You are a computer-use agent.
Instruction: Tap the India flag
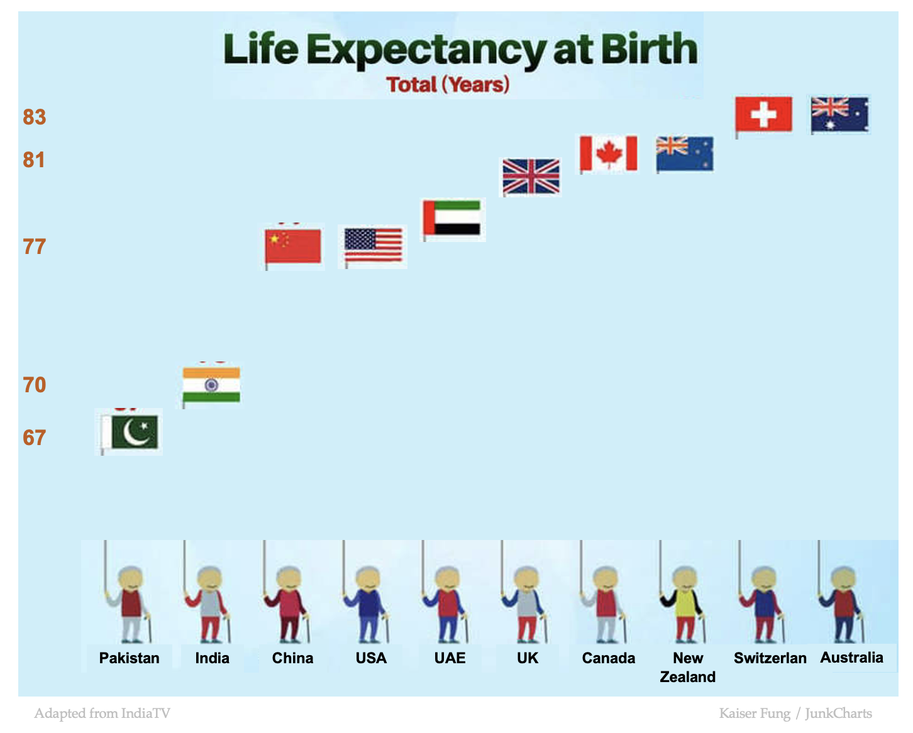tap(211, 385)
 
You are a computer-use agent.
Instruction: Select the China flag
tap(293, 246)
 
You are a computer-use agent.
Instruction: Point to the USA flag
tap(373, 245)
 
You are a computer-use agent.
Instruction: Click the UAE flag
tap(452, 218)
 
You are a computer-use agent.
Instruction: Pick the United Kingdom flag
tap(531, 176)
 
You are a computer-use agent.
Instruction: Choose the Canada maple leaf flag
tap(608, 153)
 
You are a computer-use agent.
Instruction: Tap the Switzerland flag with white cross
tap(763, 114)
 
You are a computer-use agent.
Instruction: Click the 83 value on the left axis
tap(35, 117)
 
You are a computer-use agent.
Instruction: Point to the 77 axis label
tap(35, 246)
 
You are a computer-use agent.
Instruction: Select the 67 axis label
tap(35, 438)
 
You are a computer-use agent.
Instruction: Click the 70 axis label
tap(35, 385)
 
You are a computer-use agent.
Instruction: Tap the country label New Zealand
tap(687, 667)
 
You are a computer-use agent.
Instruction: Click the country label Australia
tap(851, 658)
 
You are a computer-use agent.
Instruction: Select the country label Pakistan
tap(129, 658)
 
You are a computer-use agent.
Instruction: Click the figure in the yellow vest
tap(684, 603)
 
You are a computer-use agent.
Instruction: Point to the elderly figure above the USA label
tap(369, 603)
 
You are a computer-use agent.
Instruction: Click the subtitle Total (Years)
tap(448, 84)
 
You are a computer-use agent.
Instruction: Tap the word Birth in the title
tap(650, 49)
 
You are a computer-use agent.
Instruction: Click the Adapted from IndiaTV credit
tap(102, 713)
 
